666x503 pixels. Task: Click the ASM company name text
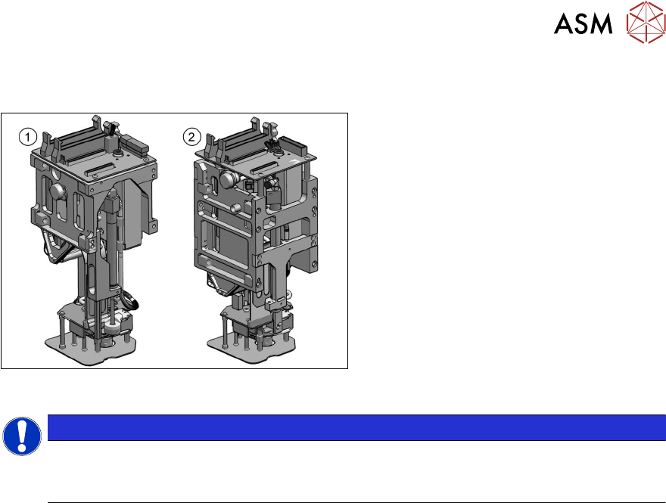[x=583, y=23]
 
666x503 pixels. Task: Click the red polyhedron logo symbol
[x=646, y=22]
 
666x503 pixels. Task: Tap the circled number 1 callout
[x=28, y=137]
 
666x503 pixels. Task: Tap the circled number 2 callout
[x=191, y=137]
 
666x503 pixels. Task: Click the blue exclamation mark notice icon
[x=22, y=436]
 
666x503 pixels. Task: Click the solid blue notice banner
[x=356, y=427]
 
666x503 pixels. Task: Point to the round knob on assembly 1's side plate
[x=58, y=191]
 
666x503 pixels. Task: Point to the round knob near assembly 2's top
[x=229, y=179]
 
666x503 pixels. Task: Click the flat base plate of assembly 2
[x=251, y=349]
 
